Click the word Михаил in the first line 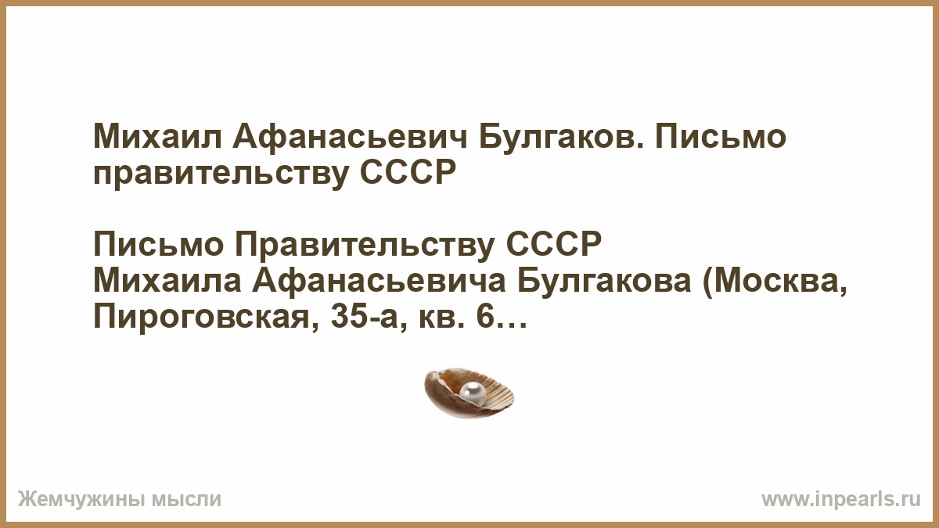point(157,137)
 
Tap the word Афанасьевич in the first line point(350,137)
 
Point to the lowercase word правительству point(221,174)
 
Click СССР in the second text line point(408,172)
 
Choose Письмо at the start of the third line point(158,244)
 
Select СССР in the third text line point(553,244)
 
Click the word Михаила point(167,281)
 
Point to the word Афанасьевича point(380,281)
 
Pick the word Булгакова point(604,281)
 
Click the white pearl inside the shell point(473,393)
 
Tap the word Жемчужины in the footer point(80,500)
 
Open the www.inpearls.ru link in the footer point(841,500)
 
